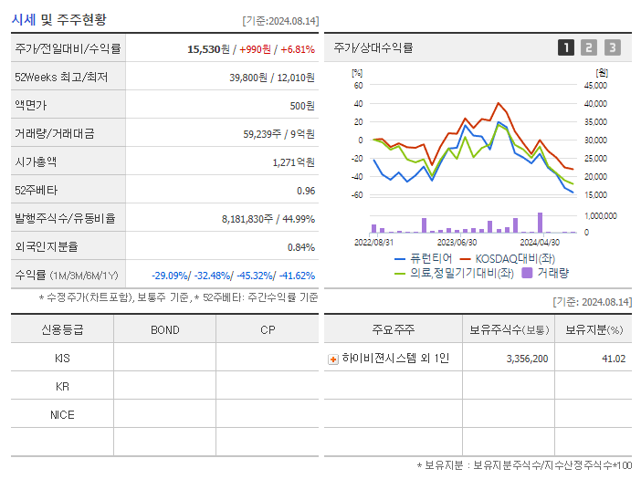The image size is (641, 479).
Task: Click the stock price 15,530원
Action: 212,48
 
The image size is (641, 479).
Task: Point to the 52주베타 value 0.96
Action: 305,191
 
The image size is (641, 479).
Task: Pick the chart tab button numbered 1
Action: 566,48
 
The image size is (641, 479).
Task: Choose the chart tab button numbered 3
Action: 612,48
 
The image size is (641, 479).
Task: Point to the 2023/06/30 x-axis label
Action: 457,243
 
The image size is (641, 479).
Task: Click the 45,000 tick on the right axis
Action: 594,86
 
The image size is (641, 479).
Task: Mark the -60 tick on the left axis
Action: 358,195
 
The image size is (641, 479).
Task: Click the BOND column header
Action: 164,329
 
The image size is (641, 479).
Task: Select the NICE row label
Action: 62,415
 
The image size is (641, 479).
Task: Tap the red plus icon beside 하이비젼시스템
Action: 333,359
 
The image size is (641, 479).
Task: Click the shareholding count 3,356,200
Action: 527,359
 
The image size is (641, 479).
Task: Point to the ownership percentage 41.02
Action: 614,359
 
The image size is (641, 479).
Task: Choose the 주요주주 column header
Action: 394,329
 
